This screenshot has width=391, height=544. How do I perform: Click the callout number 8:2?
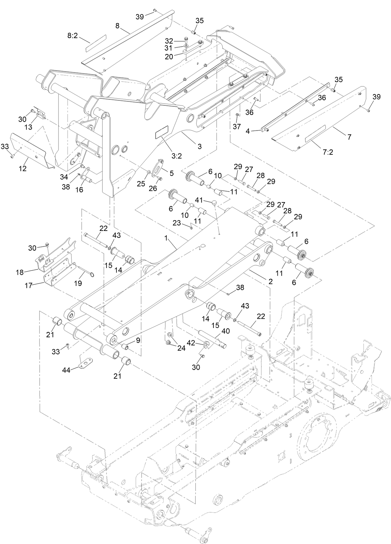(72, 36)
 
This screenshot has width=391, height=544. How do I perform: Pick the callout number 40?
(225, 331)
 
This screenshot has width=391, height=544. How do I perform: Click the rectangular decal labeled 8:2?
(95, 43)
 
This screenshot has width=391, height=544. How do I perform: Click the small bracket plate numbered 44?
(86, 363)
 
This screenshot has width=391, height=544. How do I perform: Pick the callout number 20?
(169, 57)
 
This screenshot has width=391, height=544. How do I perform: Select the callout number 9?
(138, 340)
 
